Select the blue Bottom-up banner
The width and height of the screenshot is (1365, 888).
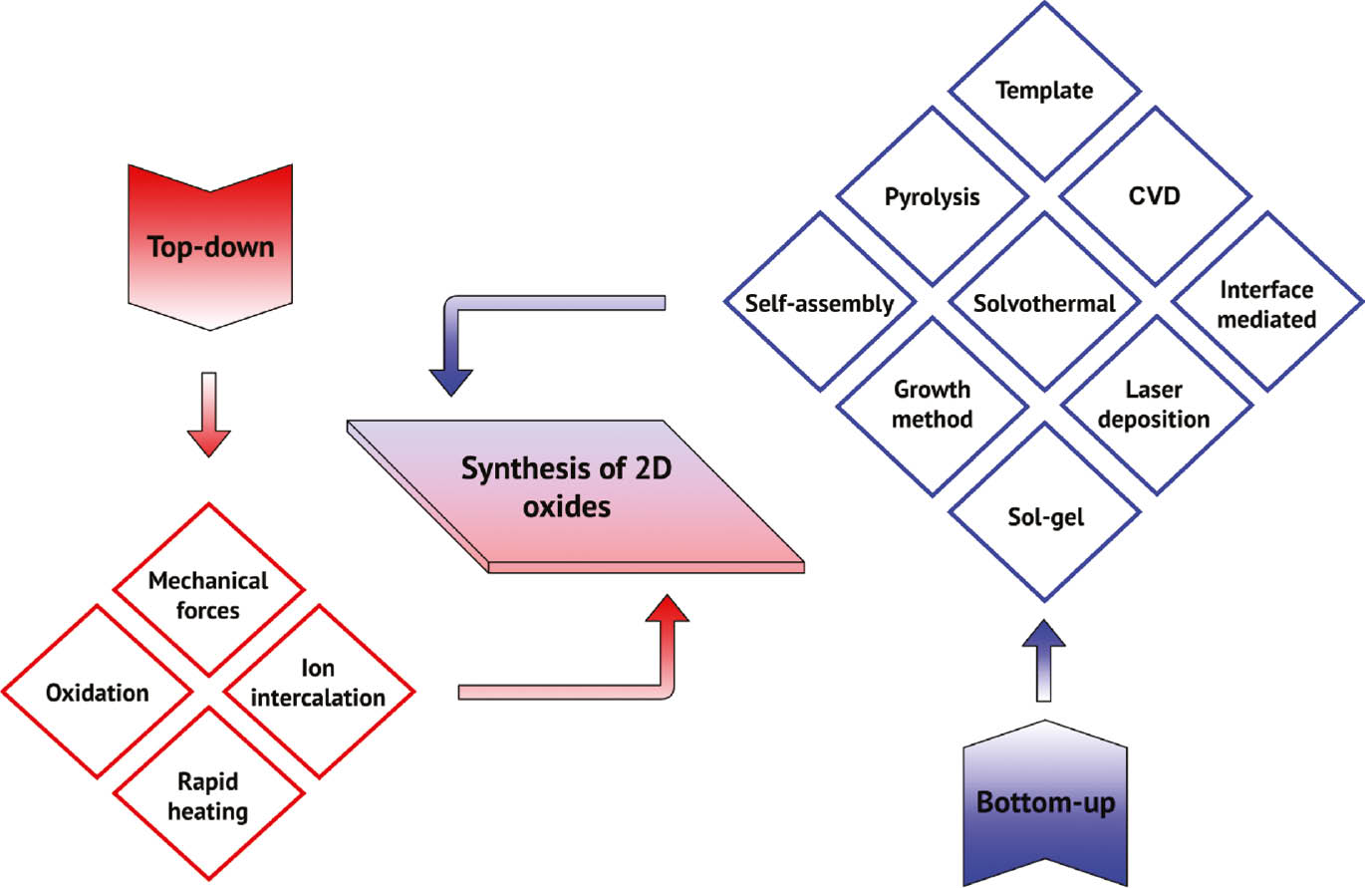(x=1044, y=803)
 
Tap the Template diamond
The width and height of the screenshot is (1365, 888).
(x=1044, y=91)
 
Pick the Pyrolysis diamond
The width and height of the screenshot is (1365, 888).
(x=932, y=196)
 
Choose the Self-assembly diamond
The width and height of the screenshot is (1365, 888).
(x=820, y=303)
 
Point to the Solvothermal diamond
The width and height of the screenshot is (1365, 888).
(x=1043, y=303)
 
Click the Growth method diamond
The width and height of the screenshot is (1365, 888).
(x=932, y=403)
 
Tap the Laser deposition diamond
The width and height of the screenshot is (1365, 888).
(x=1156, y=403)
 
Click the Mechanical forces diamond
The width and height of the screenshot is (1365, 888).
(x=208, y=594)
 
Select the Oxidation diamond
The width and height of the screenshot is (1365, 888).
(x=97, y=693)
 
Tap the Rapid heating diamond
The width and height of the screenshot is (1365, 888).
(x=207, y=796)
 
